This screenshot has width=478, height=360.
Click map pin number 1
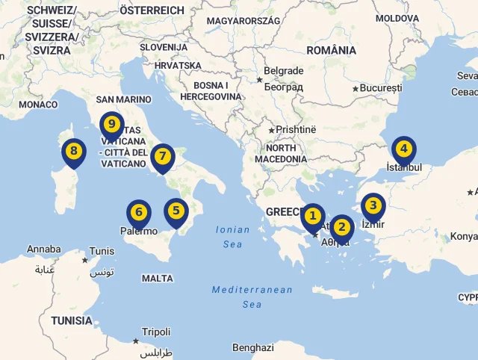pyautogui.click(x=314, y=217)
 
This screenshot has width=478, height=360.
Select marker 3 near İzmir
pyautogui.click(x=373, y=205)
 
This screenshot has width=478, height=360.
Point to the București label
pyautogui.click(x=380, y=88)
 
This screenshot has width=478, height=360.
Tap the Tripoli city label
pyautogui.click(x=156, y=332)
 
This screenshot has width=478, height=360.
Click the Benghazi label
pyautogui.click(x=252, y=348)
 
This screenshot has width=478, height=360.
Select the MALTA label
pyautogui.click(x=157, y=279)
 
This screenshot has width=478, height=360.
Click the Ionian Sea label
pyautogui.click(x=233, y=237)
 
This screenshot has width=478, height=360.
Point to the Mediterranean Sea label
pyautogui.click(x=252, y=297)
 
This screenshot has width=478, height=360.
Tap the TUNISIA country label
pyautogui.click(x=72, y=320)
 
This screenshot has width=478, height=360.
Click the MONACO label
pyautogui.click(x=38, y=105)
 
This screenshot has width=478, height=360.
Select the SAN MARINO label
pyautogui.click(x=123, y=99)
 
